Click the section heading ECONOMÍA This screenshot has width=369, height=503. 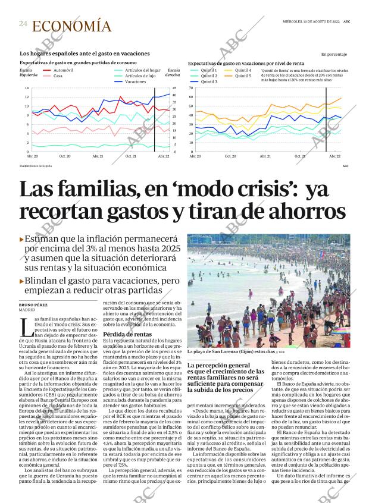[x=71, y=26]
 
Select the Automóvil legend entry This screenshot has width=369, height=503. [x=63, y=70]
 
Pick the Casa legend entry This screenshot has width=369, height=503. [x=58, y=76]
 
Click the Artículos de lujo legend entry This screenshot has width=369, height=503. [x=143, y=76]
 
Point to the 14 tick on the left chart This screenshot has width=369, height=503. [x=27, y=88]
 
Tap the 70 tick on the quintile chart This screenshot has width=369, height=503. [x=191, y=88]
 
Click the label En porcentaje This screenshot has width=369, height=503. [x=333, y=54]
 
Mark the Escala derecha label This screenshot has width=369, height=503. [x=173, y=73]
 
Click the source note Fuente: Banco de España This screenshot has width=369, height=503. [x=35, y=166]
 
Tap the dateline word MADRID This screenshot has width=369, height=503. [x=27, y=310]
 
